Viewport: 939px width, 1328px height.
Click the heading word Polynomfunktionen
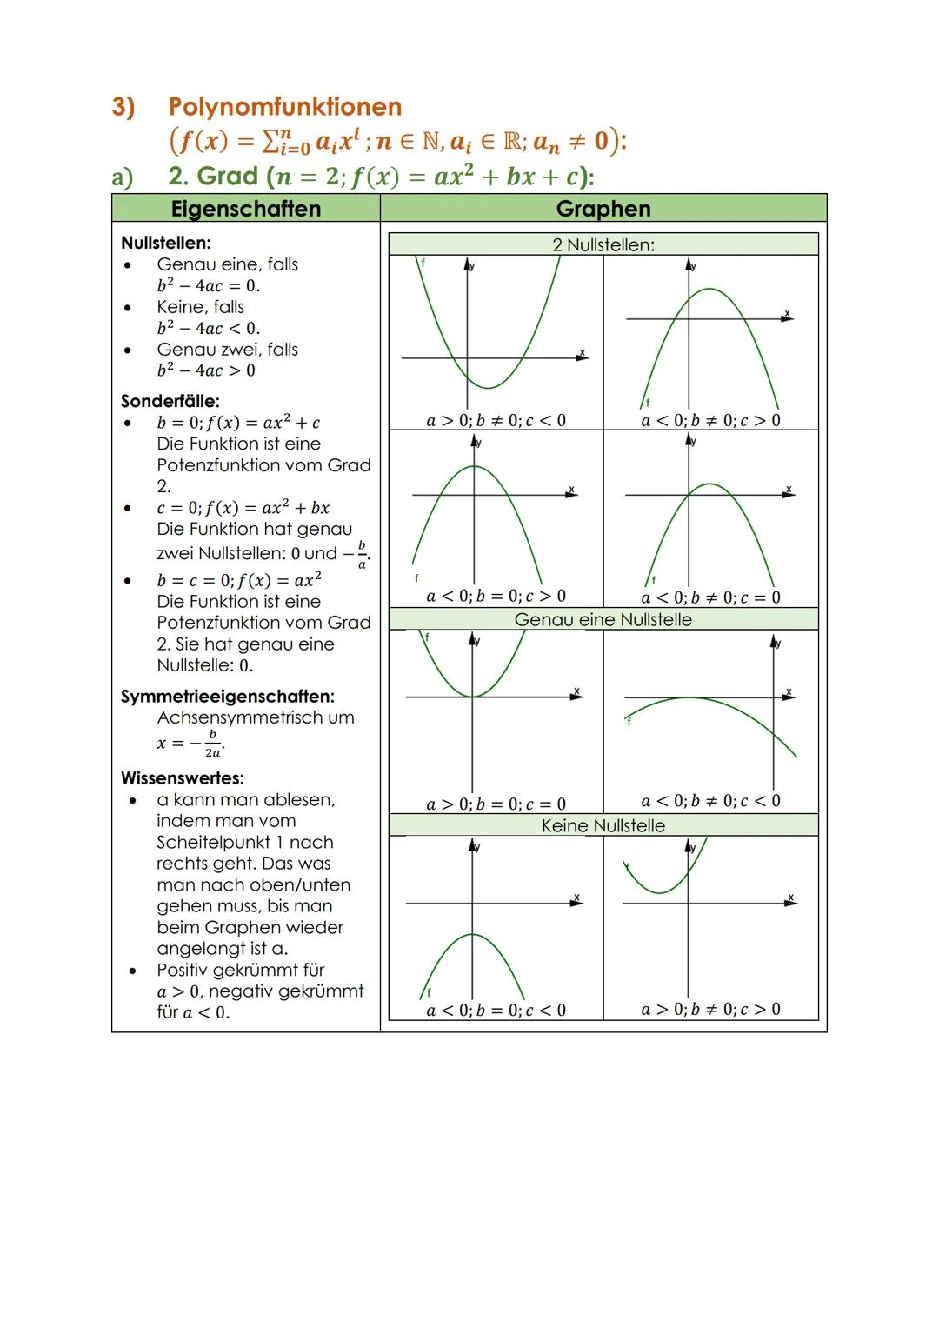[285, 107]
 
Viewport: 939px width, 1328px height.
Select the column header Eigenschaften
[246, 209]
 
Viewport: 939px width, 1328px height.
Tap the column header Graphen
[603, 209]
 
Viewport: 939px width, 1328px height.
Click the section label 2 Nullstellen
[603, 245]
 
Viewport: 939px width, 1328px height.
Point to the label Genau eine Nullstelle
[603, 620]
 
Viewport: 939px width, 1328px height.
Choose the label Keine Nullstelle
[603, 825]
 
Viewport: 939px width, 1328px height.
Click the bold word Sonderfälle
[170, 402]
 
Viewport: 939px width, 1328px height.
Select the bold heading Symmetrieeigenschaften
[227, 697]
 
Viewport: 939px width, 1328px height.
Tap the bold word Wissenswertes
[182, 778]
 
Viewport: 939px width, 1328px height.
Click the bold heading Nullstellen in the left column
[166, 243]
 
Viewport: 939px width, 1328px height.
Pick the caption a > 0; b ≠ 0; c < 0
[496, 421]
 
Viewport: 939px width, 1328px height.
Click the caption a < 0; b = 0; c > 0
[496, 597]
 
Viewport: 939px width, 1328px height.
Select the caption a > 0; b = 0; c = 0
[496, 804]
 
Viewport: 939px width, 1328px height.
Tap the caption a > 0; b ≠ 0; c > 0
[711, 1010]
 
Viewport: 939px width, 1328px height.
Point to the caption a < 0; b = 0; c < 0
[496, 1011]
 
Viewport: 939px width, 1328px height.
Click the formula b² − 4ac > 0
[207, 370]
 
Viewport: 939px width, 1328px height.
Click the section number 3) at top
[123, 107]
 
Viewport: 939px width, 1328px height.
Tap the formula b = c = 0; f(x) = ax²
[239, 580]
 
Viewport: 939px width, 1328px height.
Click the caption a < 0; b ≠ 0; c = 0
[711, 597]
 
